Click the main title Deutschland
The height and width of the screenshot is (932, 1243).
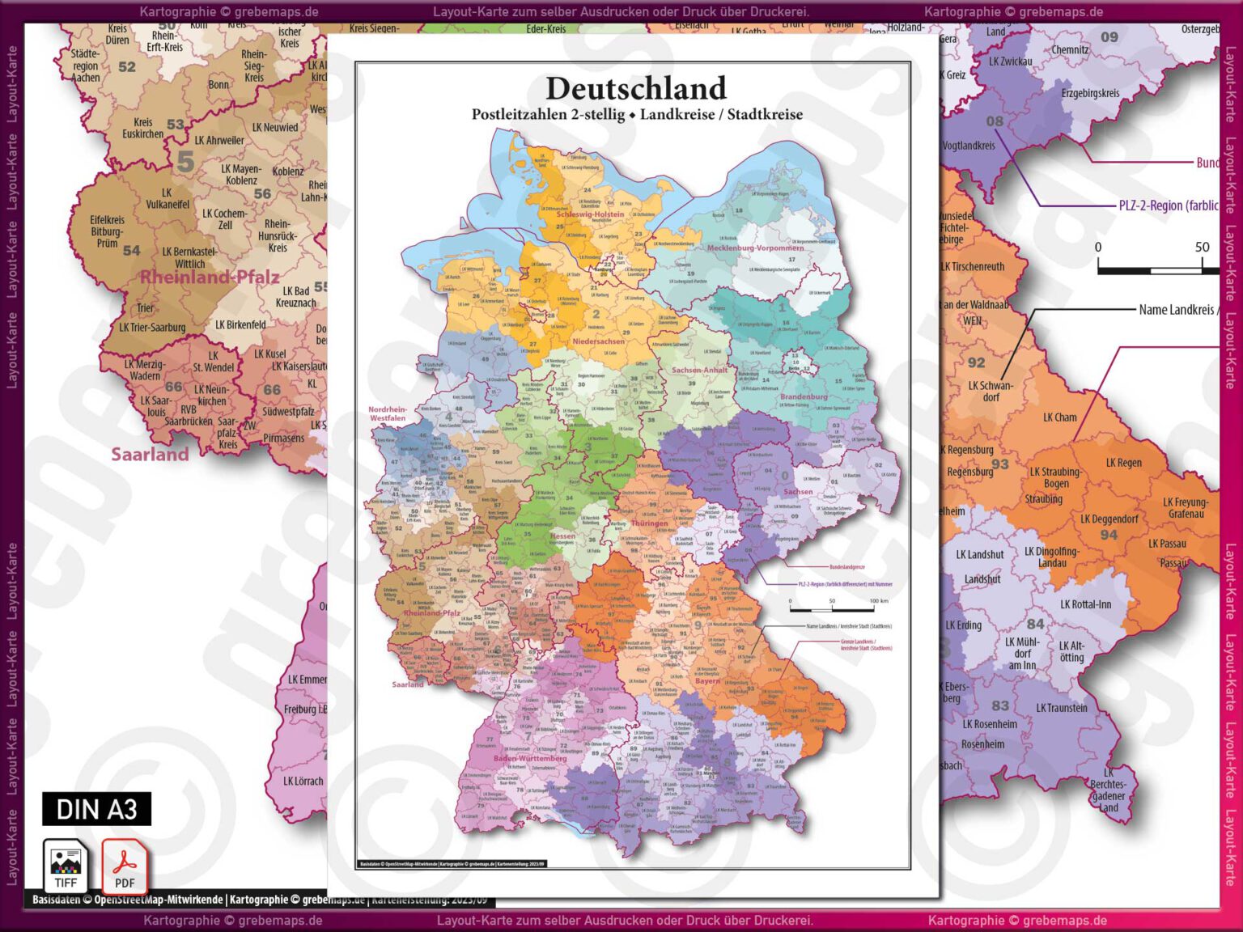(636, 88)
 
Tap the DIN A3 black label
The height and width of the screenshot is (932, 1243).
(96, 809)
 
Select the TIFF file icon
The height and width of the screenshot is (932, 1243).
(66, 866)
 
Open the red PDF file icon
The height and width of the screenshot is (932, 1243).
(124, 866)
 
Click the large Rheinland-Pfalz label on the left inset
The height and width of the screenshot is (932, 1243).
(210, 277)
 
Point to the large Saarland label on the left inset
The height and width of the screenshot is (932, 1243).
(150, 454)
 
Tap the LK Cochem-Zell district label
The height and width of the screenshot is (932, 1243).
(225, 219)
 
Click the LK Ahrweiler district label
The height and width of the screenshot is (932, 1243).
(219, 140)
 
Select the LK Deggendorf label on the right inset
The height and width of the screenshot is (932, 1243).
(1109, 519)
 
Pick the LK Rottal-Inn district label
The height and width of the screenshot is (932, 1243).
(1085, 604)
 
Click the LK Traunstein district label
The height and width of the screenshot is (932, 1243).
(1062, 708)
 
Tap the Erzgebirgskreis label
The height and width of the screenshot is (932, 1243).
(1090, 93)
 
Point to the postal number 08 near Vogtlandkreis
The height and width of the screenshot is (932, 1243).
(995, 121)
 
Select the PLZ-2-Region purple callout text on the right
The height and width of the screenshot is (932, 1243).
(1168, 205)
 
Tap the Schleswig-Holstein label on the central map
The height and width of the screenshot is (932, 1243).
(590, 214)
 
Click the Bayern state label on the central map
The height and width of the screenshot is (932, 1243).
(706, 680)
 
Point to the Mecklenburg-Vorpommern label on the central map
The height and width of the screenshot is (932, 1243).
(755, 248)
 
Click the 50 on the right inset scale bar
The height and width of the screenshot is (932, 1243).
(1202, 247)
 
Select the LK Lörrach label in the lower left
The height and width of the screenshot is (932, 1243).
(303, 781)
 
